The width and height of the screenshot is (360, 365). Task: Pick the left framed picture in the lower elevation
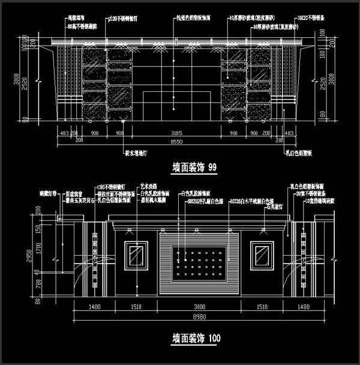coord(137,255)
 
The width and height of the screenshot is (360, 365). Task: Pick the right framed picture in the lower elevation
coord(262,255)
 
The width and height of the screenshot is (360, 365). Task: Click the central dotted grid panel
coord(199,259)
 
